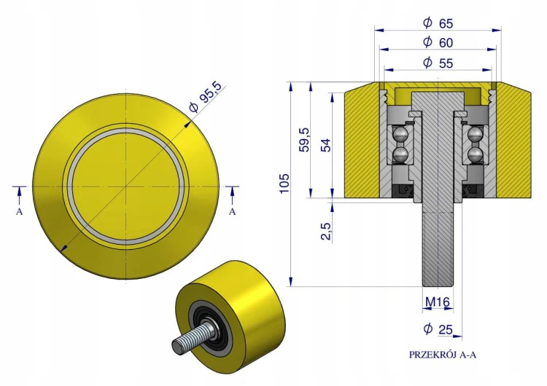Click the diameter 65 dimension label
[x=438, y=23]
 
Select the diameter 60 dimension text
[x=438, y=42]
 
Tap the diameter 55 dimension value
[x=438, y=63]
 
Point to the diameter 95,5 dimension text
[x=206, y=98]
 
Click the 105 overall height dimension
[x=284, y=183]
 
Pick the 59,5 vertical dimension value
[x=305, y=139]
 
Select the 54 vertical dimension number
[x=325, y=145]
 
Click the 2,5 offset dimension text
[x=325, y=231]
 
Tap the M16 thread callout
[x=438, y=302]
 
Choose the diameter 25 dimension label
[x=438, y=329]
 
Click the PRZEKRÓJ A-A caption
[x=443, y=355]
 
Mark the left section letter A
[x=19, y=211]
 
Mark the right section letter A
[x=233, y=211]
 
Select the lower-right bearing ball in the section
[x=475, y=154]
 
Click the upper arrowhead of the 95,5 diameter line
[x=188, y=124]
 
